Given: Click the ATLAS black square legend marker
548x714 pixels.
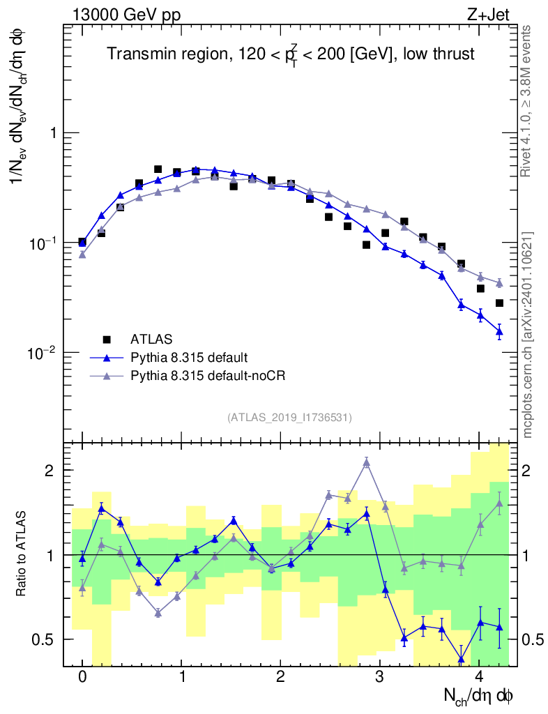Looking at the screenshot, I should [107, 340].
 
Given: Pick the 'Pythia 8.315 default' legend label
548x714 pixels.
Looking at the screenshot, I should [189, 358].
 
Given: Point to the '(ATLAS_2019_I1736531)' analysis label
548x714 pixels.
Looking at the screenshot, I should [289, 418].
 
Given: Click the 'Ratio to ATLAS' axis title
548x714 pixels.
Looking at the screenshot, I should [24, 555].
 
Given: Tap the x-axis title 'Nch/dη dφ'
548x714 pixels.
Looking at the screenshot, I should [481, 695].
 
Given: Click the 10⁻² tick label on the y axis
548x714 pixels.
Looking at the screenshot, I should [46, 353].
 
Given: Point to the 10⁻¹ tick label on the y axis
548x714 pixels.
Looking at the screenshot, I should [46, 243].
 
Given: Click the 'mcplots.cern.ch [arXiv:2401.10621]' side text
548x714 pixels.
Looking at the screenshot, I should [528, 335].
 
